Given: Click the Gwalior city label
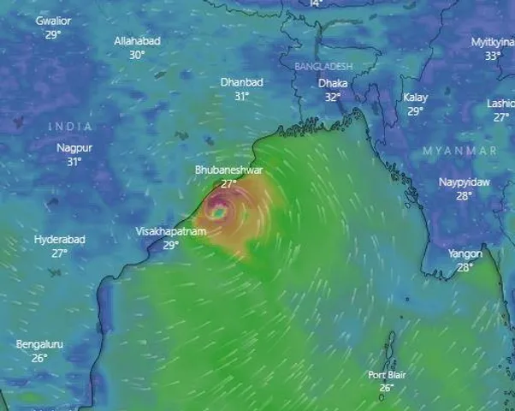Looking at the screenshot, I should [x=53, y=21].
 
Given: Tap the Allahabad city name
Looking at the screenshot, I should [x=137, y=41].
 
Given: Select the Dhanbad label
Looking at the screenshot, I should [x=241, y=82].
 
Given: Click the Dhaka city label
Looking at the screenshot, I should [x=333, y=84].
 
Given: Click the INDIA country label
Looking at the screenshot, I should [x=70, y=127].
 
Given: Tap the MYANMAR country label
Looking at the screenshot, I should [x=459, y=151].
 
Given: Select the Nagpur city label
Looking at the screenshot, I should [x=74, y=147].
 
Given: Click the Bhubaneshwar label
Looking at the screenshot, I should [x=228, y=170].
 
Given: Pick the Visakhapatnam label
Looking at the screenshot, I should [x=171, y=232].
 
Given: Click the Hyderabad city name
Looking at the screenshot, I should [x=60, y=240].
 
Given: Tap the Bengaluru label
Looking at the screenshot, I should [x=39, y=344].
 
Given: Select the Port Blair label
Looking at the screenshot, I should [x=387, y=375].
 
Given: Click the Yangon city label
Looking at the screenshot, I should [x=465, y=253].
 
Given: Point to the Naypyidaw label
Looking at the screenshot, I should [x=465, y=182].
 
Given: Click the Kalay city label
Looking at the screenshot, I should [x=416, y=98].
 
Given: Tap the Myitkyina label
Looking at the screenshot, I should [x=494, y=42].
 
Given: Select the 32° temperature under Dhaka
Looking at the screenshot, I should [x=333, y=98].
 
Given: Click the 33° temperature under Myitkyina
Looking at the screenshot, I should [x=494, y=56].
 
